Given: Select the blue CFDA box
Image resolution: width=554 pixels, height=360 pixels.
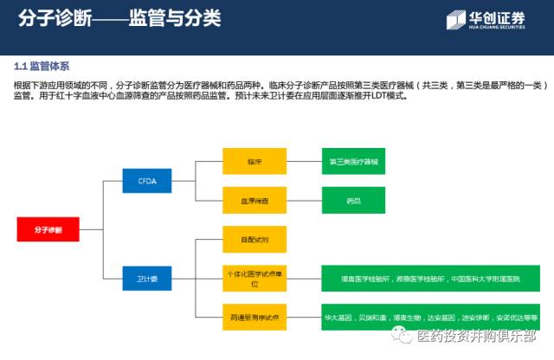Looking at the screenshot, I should click(147, 181).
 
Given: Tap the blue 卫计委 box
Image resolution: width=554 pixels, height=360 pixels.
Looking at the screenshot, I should click(147, 279).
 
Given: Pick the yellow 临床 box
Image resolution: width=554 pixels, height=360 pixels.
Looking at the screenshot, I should click(254, 161).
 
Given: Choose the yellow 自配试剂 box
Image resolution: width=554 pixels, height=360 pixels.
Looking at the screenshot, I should click(254, 238).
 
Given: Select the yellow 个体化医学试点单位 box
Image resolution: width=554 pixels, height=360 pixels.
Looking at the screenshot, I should click(254, 279).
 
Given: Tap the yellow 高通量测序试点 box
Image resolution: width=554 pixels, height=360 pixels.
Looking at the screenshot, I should click(254, 318).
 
